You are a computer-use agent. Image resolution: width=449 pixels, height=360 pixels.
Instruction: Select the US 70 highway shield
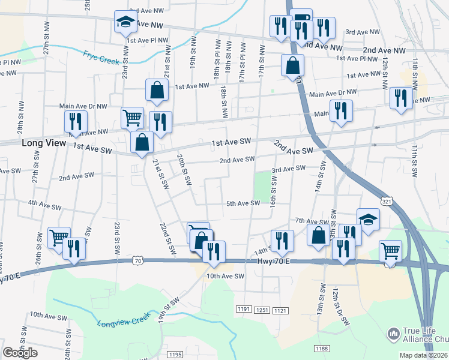point(139,261)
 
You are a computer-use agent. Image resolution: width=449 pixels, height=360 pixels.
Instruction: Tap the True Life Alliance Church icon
point(393,332)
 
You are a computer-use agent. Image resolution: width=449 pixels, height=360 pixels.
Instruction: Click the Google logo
point(20,353)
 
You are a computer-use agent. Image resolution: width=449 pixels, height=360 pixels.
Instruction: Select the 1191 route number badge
point(243,309)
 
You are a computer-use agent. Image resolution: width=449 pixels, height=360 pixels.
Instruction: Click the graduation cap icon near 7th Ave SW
point(368,218)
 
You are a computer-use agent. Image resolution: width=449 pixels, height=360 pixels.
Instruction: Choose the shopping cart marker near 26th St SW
point(59,236)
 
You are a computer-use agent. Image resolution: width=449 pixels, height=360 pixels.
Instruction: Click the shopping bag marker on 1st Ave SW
point(142,142)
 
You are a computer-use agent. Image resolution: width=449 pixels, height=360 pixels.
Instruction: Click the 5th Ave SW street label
point(243,203)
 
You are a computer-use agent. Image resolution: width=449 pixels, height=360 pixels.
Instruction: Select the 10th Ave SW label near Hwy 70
point(225,276)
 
